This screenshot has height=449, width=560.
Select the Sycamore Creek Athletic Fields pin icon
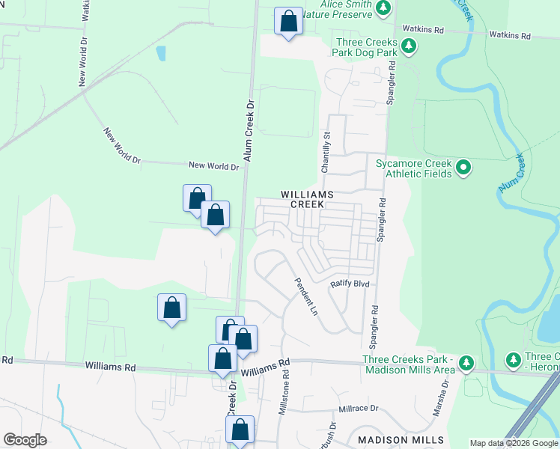[463, 167]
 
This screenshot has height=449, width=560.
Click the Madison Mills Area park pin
[466, 363]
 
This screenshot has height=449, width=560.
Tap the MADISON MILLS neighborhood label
[401, 440]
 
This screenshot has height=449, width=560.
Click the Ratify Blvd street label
[351, 284]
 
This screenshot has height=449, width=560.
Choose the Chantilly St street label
[326, 152]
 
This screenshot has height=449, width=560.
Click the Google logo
[25, 440]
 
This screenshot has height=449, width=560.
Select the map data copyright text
[514, 443]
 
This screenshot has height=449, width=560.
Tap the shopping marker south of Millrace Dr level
[240, 430]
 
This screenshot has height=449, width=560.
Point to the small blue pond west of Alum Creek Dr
[161, 54]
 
